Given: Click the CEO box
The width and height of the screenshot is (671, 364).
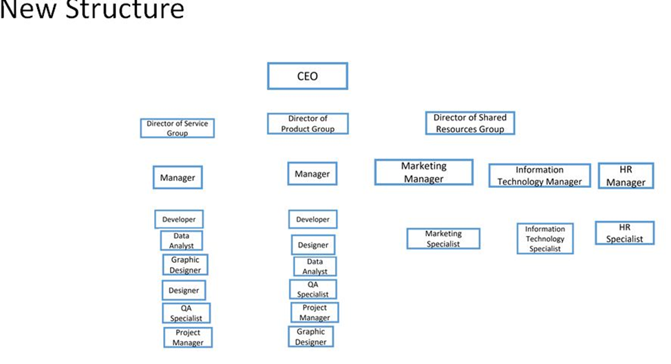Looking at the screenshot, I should pos(307,76).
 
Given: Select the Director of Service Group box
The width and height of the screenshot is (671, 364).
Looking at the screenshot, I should pos(178,128).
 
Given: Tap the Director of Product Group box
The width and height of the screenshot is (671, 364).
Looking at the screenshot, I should pos(308,124).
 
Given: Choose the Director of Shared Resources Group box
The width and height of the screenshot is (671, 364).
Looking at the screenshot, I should pos(469,123).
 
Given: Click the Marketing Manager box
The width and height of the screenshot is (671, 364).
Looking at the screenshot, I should pos(423,172).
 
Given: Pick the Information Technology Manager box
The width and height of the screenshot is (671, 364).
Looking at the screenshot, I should pos(540,175).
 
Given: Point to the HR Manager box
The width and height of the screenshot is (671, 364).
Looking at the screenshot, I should pos(626,175).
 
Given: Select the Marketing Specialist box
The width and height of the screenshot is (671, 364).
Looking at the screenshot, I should pos(443,239).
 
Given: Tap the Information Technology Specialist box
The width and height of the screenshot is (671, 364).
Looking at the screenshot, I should pos(544,239).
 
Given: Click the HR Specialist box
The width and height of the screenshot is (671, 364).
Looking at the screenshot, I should pos(624,233).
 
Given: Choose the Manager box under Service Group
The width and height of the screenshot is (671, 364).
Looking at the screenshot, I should pos(178,177).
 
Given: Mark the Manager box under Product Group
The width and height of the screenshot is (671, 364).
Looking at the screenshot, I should pos(312,174).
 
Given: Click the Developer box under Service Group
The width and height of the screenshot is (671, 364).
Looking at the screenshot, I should pos(179,220).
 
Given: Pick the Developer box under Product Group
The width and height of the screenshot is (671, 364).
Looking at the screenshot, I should pos(312,220).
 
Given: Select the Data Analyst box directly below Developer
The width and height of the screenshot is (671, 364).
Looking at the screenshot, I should pos(182,240).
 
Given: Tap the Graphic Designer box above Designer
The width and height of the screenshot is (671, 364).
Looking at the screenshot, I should pos(185,265).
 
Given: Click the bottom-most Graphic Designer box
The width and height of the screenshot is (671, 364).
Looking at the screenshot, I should pos(310,336).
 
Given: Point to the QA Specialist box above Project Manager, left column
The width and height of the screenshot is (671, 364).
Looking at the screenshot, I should pos(186,313).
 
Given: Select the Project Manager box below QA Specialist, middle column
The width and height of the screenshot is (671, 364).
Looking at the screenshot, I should pos(314,312).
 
